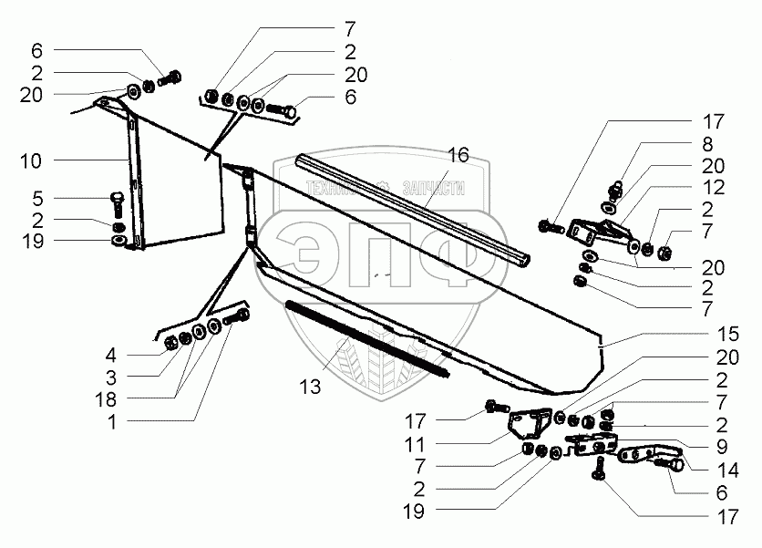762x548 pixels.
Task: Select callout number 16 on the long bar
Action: tap(458, 156)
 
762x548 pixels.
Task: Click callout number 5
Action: tap(36, 199)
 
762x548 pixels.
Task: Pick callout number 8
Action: tap(706, 143)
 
